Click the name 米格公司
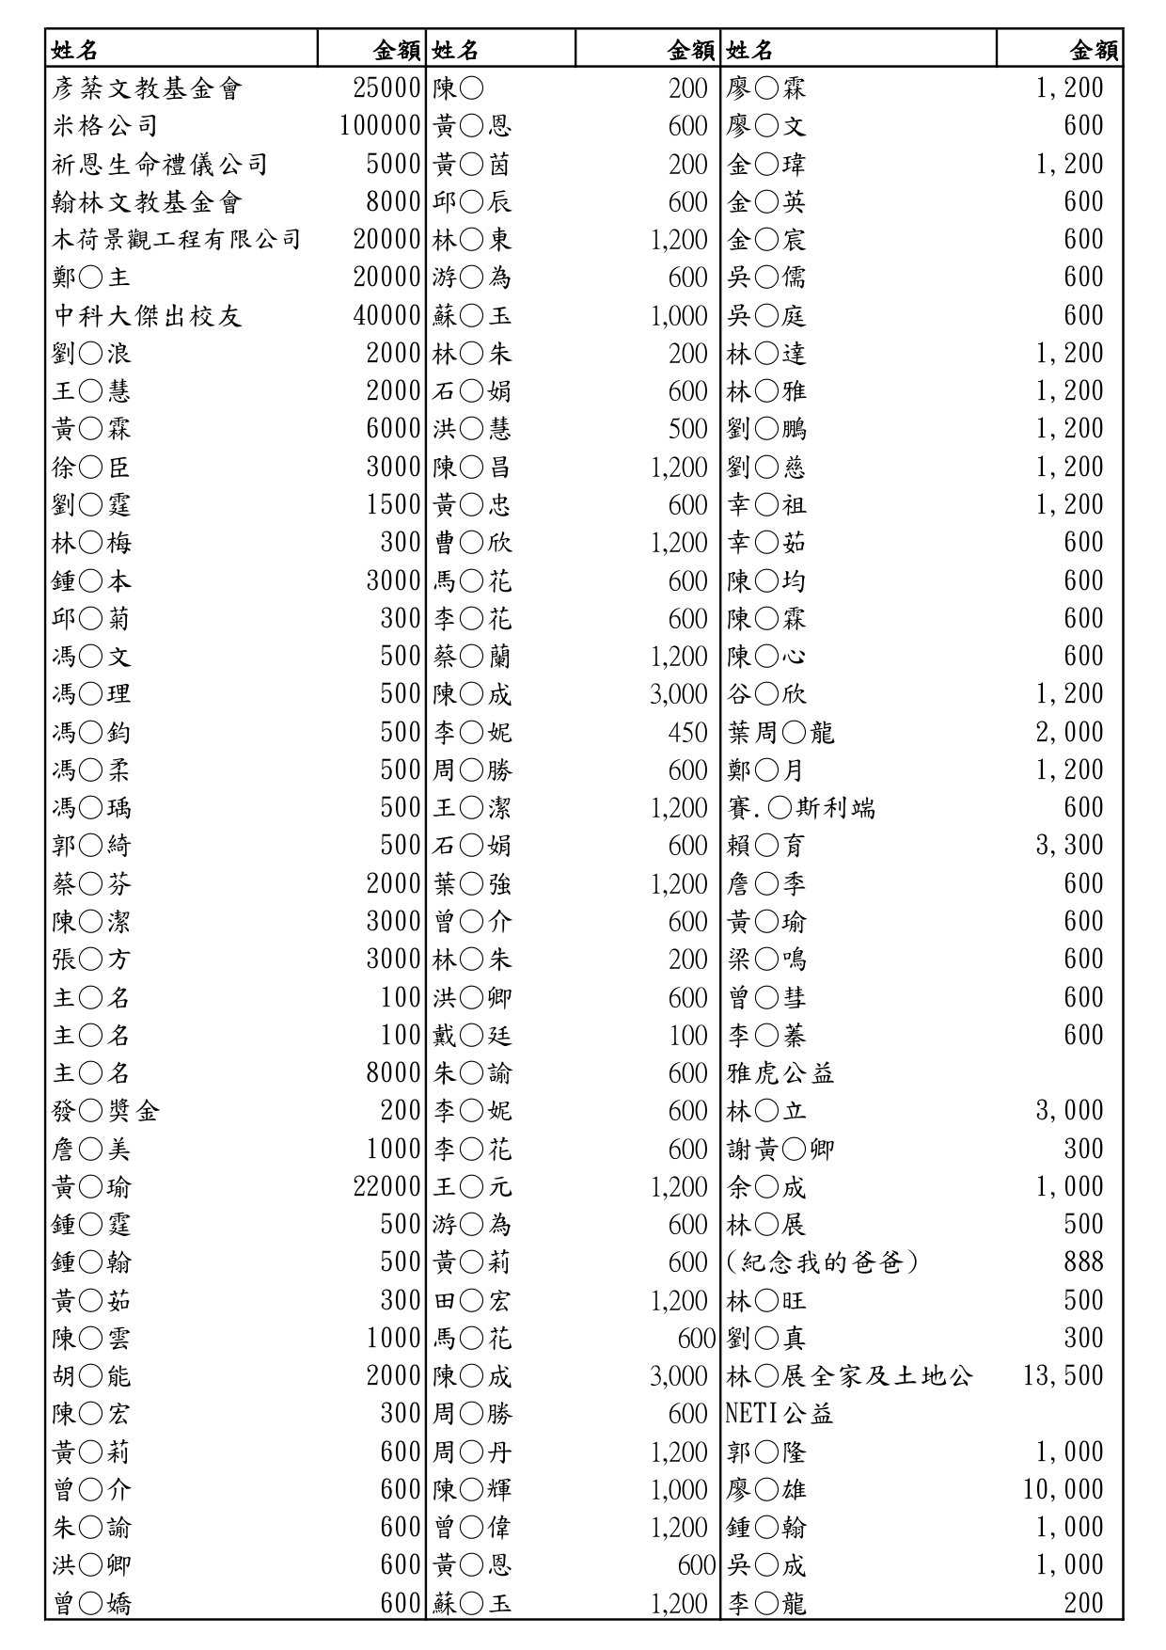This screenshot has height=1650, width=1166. (x=104, y=126)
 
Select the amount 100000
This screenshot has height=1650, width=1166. (x=380, y=126)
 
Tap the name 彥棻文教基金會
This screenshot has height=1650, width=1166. (x=147, y=88)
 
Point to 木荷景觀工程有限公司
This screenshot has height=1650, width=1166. (x=176, y=240)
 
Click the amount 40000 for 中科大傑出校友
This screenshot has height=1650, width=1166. (x=386, y=315)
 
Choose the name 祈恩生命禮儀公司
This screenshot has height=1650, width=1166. (x=160, y=165)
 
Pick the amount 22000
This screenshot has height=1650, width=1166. (x=386, y=1187)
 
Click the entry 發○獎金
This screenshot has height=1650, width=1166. (x=105, y=1111)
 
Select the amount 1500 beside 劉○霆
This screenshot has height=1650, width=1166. (x=393, y=505)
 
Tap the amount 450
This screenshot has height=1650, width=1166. (x=687, y=732)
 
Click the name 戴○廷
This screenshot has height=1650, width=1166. (x=472, y=1036)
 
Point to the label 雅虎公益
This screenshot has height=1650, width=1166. (x=780, y=1073)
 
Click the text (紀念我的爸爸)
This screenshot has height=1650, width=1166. (x=822, y=1262)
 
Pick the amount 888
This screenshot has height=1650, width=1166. (x=1083, y=1262)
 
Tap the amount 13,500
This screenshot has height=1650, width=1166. (x=1063, y=1376)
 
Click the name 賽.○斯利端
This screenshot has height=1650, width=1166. (x=800, y=808)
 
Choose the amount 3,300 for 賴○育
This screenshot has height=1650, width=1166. (x=1069, y=846)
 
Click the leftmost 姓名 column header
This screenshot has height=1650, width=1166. (x=74, y=49)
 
